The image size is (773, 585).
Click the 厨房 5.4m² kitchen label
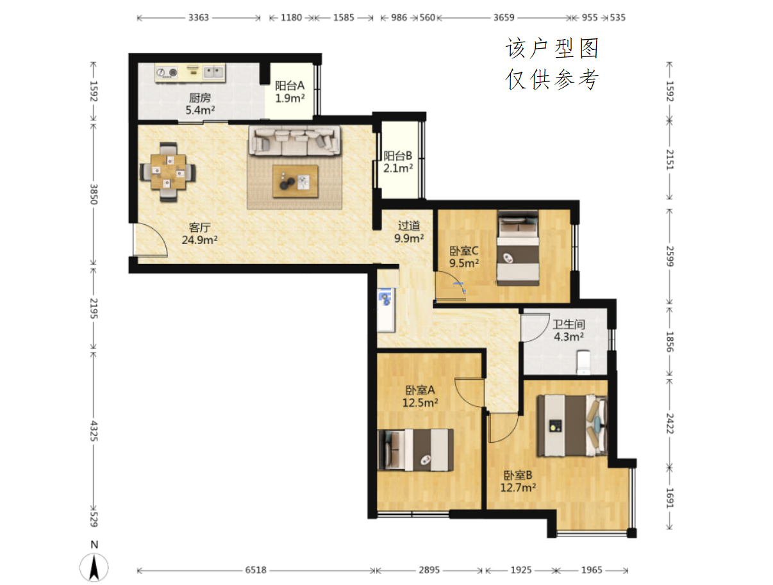(200, 104)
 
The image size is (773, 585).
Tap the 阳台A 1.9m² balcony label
(290, 92)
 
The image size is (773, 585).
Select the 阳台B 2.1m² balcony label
(397, 161)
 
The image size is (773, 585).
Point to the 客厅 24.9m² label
(199, 233)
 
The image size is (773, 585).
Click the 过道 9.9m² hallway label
(408, 231)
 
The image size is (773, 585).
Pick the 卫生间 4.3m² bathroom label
(569, 330)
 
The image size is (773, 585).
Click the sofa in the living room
(294, 141)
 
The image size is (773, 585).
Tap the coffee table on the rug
(295, 181)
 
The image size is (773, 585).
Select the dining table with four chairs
(168, 172)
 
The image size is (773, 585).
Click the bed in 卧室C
(518, 248)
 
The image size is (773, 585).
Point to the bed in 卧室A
(415, 450)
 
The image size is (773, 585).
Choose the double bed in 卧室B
(572, 425)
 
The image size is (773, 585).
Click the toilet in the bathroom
(583, 362)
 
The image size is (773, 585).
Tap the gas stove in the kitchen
(167, 72)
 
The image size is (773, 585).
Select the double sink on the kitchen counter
(214, 72)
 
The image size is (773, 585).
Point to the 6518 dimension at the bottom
(256, 570)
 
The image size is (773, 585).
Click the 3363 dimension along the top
(199, 17)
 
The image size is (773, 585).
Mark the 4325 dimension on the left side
(94, 431)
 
